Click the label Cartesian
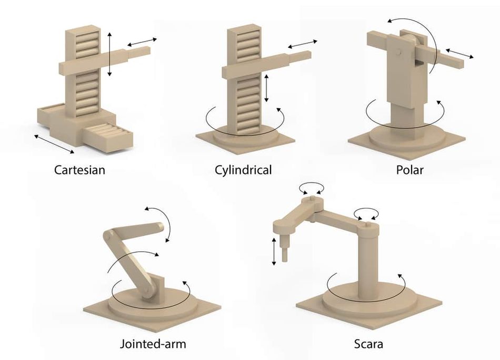click(79, 169)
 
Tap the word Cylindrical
click(243, 169)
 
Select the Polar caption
click(410, 169)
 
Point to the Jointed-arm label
click(153, 344)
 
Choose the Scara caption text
click(368, 344)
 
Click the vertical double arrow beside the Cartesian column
click(109, 54)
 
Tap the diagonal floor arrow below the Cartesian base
click(54, 144)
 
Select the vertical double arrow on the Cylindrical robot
click(267, 88)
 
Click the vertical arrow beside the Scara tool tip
click(274, 251)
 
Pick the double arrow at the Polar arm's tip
click(459, 53)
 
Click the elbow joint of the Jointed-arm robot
click(108, 236)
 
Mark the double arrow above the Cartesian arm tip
click(142, 42)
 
